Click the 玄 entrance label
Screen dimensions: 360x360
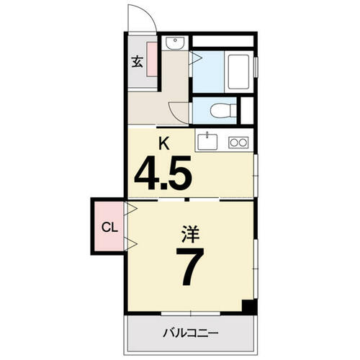pyautogui.click(x=138, y=61)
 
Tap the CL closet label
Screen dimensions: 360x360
pyautogui.click(x=109, y=227)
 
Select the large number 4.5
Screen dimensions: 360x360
pyautogui.click(x=163, y=173)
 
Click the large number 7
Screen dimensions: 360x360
pyautogui.click(x=190, y=266)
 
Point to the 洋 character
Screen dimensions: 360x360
pyautogui.click(x=190, y=234)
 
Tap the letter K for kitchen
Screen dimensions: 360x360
pyautogui.click(x=164, y=144)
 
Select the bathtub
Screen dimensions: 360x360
pyautogui.click(x=238, y=71)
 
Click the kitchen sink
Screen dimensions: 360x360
pyautogui.click(x=207, y=142)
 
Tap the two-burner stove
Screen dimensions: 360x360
pyautogui.click(x=238, y=143)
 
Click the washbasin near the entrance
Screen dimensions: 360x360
pyautogui.click(x=175, y=43)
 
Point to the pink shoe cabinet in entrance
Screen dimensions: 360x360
pyautogui.click(x=152, y=59)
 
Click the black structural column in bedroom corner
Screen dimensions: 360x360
pyautogui.click(x=249, y=307)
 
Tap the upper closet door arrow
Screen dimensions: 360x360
pyautogui.click(x=131, y=208)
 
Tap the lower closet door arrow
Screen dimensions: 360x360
pyautogui.click(x=131, y=244)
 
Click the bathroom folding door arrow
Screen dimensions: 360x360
pyautogui.click(x=196, y=58)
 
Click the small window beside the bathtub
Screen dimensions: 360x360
pyautogui.click(x=256, y=67)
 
